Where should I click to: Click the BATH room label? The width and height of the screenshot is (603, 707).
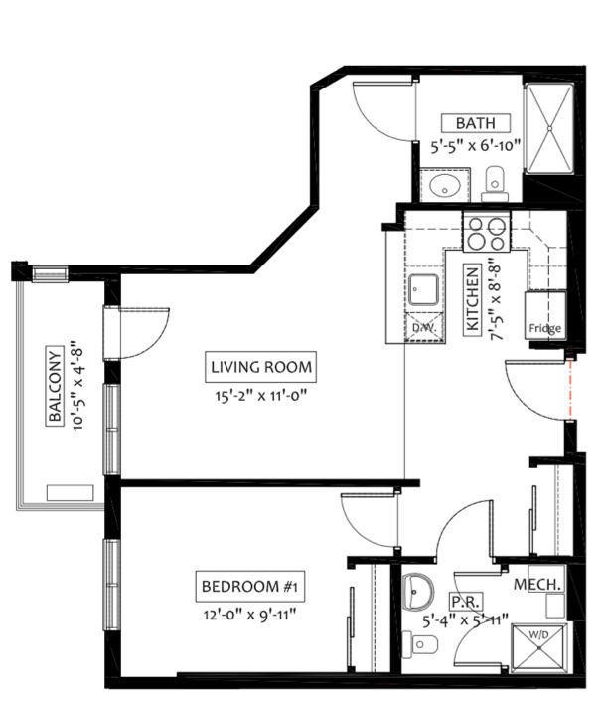pyautogui.click(x=476, y=123)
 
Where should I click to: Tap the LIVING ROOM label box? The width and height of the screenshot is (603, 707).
pyautogui.click(x=260, y=367)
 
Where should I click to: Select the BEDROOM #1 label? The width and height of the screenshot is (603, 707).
pyautogui.click(x=250, y=586)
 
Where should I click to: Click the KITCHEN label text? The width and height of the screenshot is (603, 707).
pyautogui.click(x=473, y=299)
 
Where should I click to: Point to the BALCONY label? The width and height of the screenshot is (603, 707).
pyautogui.click(x=55, y=385)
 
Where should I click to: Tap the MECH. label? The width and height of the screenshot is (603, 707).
pyautogui.click(x=537, y=585)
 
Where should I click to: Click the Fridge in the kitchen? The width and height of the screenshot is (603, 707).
pyautogui.click(x=545, y=315)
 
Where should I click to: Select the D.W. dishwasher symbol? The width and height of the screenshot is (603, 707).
pyautogui.click(x=424, y=327)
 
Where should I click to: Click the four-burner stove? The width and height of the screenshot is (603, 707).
pyautogui.click(x=487, y=233)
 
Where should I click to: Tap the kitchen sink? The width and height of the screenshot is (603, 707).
pyautogui.click(x=423, y=290)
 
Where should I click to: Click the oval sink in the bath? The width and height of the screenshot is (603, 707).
pyautogui.click(x=444, y=185)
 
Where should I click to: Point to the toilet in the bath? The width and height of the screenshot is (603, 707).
pyautogui.click(x=495, y=184)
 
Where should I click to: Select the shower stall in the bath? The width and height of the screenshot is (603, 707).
pyautogui.click(x=550, y=128)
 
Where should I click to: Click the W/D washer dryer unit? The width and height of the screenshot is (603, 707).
pyautogui.click(x=538, y=648)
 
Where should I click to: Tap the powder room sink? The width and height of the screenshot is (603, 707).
pyautogui.click(x=418, y=592)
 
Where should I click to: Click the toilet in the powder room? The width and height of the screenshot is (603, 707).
pyautogui.click(x=419, y=644)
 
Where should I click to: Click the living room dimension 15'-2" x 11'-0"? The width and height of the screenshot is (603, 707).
pyautogui.click(x=260, y=396)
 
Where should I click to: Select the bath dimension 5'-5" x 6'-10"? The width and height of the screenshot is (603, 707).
pyautogui.click(x=476, y=146)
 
